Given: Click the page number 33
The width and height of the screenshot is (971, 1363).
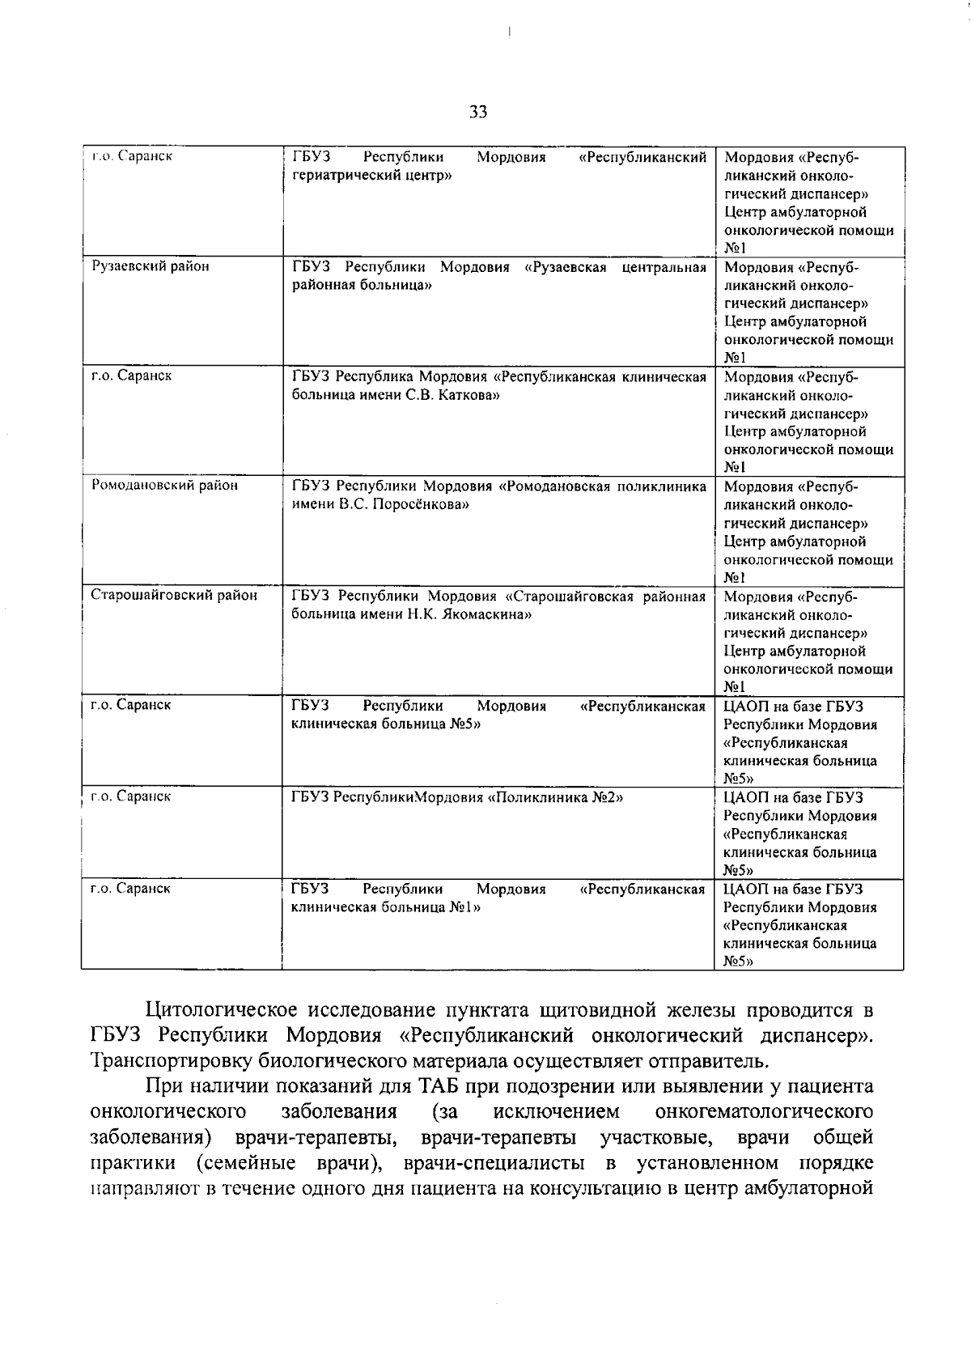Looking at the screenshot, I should tap(478, 113).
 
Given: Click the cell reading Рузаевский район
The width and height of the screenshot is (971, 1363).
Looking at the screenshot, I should tap(151, 266).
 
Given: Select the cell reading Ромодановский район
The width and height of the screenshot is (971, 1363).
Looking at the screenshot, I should tap(165, 486).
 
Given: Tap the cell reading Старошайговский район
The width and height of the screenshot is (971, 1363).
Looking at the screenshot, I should tap(174, 596).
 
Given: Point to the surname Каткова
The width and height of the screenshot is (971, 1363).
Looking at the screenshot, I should tap(469, 395).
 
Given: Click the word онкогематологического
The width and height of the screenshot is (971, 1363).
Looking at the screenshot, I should tap(764, 1111).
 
